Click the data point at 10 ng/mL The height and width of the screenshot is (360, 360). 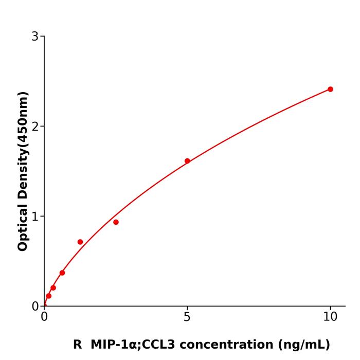tap(330, 89)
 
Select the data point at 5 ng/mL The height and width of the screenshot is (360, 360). tap(187, 161)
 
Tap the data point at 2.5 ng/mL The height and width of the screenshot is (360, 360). tap(116, 222)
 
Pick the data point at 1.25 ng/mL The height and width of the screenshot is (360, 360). tap(80, 242)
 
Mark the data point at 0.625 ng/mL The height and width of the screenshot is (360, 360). tap(62, 273)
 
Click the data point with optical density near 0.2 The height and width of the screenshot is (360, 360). tap(53, 287)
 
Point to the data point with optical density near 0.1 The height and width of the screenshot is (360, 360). tap(49, 296)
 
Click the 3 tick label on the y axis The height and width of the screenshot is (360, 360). tap(35, 37)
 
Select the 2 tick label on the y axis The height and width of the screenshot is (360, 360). tap(35, 127)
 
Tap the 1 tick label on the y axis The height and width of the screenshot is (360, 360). tap(35, 217)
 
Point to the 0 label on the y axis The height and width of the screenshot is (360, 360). tap(35, 307)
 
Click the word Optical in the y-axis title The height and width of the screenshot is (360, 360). tap(23, 227)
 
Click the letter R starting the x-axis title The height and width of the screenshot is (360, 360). tap(77, 345)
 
